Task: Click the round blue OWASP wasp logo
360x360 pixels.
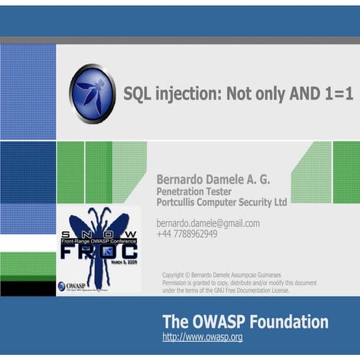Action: (x=92, y=94)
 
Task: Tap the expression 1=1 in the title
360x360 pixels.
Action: (x=335, y=95)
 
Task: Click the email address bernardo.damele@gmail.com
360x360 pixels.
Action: (x=208, y=223)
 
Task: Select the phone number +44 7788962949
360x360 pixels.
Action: (x=187, y=233)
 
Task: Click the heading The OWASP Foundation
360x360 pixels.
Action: (x=245, y=321)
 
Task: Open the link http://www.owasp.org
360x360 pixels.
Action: (x=202, y=337)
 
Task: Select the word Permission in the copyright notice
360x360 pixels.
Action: (x=180, y=282)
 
